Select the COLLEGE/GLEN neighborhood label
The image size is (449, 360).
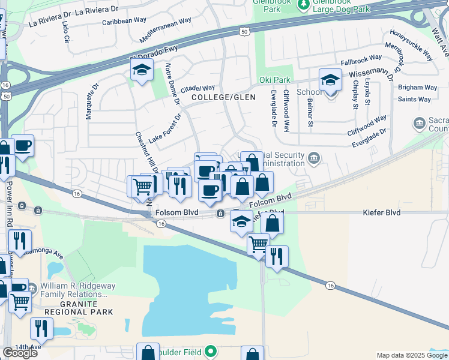tap(223, 97)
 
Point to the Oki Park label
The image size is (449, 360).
tap(274, 80)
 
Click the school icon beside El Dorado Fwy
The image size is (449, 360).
tap(142, 71)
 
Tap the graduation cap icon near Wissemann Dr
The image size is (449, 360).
tap(330, 80)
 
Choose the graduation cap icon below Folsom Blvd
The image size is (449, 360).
tap(241, 221)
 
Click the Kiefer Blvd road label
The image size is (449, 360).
tap(381, 212)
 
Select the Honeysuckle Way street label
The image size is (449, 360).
tap(411, 46)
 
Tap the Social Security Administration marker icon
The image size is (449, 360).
tap(313, 158)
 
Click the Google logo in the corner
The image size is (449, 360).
tap(20, 352)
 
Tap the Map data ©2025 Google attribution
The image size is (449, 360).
tap(411, 355)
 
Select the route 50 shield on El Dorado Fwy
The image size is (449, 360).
tap(244, 31)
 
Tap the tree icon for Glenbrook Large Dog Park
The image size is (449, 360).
tap(304, 4)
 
